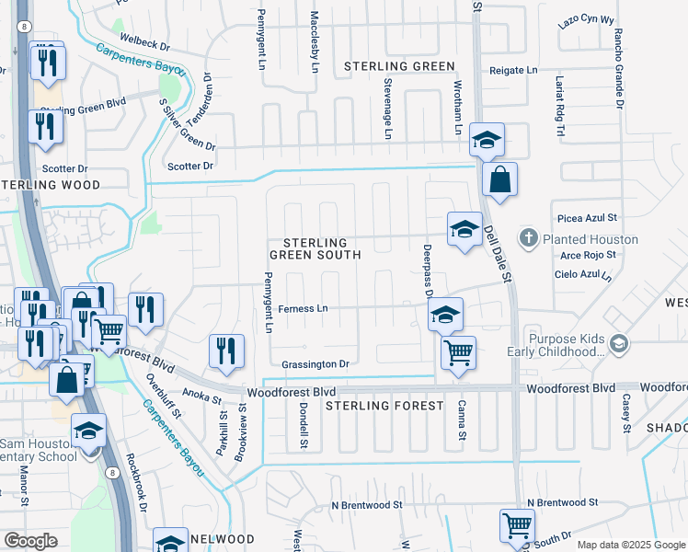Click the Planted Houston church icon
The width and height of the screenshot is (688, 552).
(x=529, y=239)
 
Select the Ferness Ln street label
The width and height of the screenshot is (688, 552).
(x=304, y=309)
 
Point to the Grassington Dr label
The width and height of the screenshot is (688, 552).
(x=315, y=364)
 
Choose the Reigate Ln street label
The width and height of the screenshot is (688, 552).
(x=512, y=70)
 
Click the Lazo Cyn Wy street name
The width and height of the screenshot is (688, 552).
(x=586, y=18)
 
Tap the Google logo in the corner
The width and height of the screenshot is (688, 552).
(x=30, y=540)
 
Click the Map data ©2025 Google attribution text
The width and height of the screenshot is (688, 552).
(x=631, y=546)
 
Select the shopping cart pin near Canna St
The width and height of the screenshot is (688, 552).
(x=458, y=351)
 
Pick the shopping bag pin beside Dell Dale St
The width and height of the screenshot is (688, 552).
(x=499, y=178)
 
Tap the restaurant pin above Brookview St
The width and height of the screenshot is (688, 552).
(x=226, y=351)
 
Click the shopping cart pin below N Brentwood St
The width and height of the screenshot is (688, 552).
(x=518, y=526)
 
